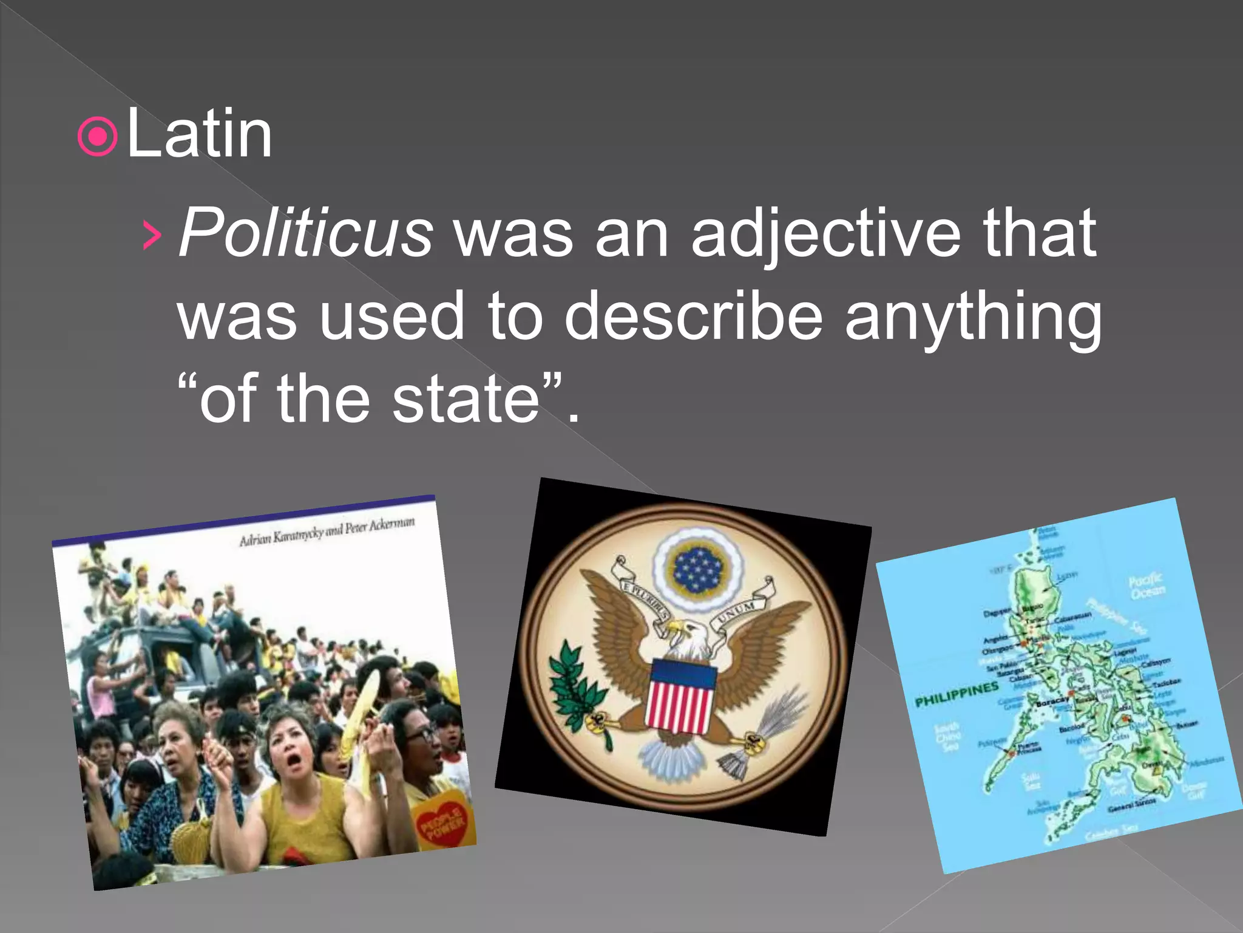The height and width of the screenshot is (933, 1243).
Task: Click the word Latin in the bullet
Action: pos(199,134)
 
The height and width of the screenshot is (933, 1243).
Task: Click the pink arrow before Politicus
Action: pos(152,236)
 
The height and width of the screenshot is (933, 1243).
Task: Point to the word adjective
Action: pos(825,234)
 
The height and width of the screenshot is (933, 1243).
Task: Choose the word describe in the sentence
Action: pos(693,316)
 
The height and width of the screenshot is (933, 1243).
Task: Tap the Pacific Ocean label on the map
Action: pos(1146,586)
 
